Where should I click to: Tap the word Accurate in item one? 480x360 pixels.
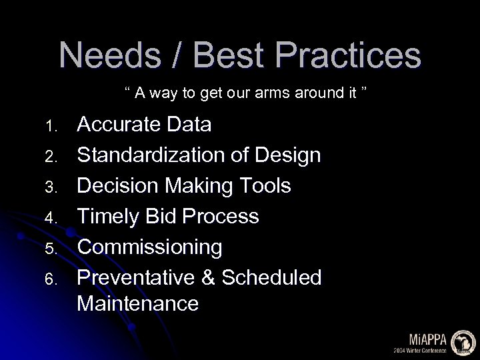pyautogui.click(x=117, y=125)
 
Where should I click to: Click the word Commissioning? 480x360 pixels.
pyautogui.click(x=149, y=247)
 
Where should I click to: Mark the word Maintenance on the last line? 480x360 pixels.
pyautogui.click(x=137, y=304)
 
